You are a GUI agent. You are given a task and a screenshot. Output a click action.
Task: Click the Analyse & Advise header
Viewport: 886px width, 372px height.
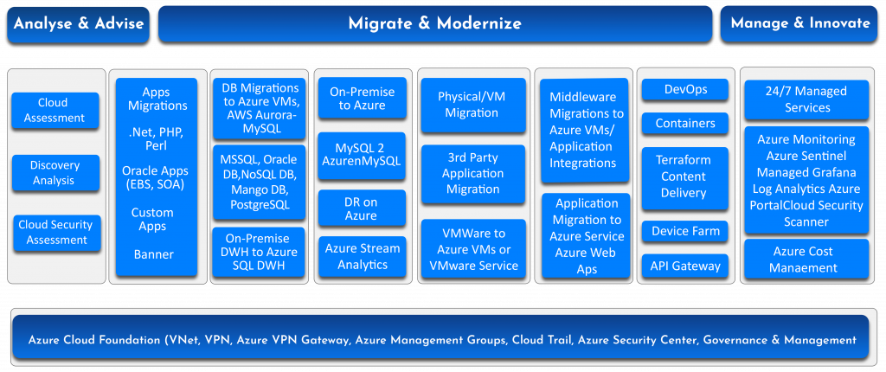coord(79,23)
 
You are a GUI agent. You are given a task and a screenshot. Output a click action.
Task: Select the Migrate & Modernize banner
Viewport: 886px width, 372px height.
coord(434,23)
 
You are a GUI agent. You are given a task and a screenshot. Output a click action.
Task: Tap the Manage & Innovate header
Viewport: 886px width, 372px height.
coord(799,23)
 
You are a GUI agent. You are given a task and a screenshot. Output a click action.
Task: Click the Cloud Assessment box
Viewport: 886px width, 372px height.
coord(54,111)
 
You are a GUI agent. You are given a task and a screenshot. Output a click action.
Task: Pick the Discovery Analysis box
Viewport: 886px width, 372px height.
coord(54,173)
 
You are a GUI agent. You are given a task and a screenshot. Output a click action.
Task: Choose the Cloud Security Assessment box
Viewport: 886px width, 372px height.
coord(55,232)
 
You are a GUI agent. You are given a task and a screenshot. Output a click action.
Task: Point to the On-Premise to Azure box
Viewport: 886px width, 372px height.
coord(363,99)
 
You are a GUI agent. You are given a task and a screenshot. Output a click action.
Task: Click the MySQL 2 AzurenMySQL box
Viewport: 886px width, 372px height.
coord(363,153)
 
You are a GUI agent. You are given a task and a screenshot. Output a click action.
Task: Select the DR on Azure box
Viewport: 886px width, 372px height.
coord(361,208)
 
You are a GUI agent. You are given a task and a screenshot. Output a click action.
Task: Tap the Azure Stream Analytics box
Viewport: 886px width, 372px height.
coord(363,256)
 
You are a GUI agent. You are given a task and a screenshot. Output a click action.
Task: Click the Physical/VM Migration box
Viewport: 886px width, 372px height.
coord(472,105)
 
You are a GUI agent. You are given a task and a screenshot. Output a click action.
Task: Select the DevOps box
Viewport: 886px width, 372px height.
coord(685,90)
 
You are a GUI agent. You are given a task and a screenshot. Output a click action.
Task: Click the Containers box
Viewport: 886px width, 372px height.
coord(685,123)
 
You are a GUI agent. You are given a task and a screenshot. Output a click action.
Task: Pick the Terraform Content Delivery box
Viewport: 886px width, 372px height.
coord(685,177)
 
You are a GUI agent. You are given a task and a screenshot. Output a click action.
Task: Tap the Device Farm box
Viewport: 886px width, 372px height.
coord(685,231)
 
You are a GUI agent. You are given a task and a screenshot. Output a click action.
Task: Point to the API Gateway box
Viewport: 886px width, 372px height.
coord(685,266)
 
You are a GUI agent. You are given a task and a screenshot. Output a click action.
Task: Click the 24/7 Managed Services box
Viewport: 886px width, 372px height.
coord(806,99)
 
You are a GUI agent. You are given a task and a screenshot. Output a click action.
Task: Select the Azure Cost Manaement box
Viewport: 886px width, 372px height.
coord(806,260)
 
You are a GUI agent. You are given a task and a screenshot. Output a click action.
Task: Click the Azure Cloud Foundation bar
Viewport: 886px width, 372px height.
coord(442,339)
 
